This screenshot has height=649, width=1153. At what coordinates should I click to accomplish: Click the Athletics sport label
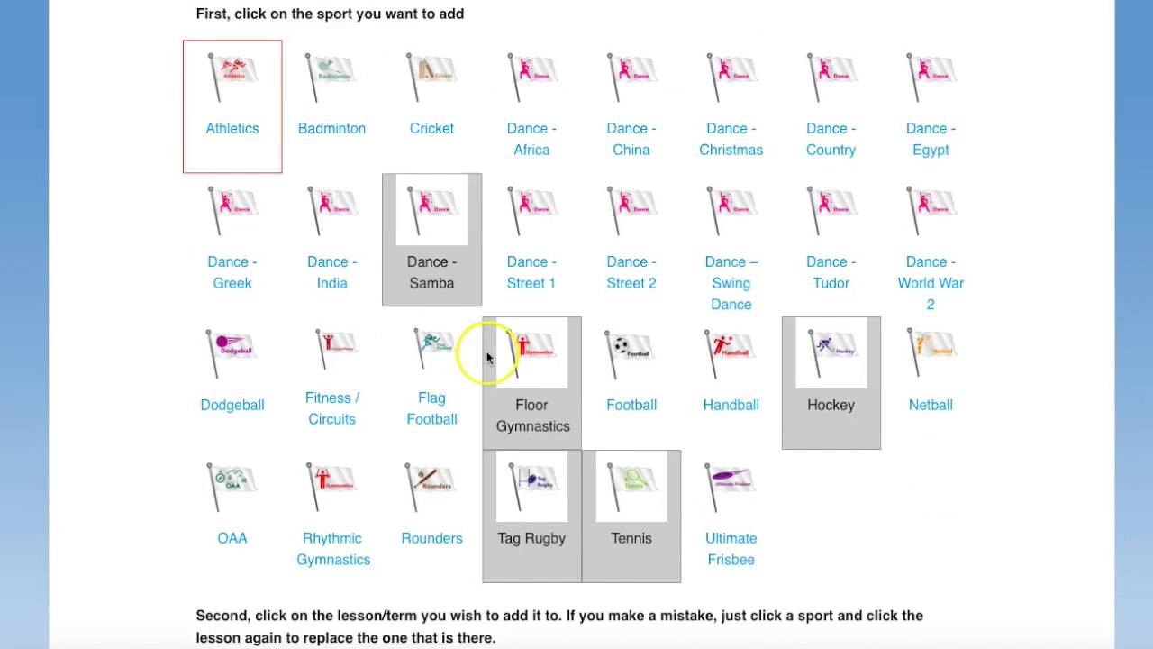pyautogui.click(x=232, y=128)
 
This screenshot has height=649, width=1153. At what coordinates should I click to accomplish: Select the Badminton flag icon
pyautogui.click(x=331, y=75)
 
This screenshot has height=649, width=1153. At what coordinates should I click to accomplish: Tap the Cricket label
pyautogui.click(x=431, y=128)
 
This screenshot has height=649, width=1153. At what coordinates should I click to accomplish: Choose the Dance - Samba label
pyautogui.click(x=431, y=272)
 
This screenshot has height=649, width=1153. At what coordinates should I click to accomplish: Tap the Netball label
pyautogui.click(x=931, y=405)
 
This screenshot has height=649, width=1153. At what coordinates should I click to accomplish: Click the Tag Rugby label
pyautogui.click(x=531, y=538)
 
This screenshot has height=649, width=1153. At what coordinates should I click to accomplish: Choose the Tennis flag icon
pyautogui.click(x=631, y=485)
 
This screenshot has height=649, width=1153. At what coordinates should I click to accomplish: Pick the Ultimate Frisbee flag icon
pyautogui.click(x=731, y=485)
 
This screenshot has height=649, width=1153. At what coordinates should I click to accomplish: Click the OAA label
pyautogui.click(x=232, y=538)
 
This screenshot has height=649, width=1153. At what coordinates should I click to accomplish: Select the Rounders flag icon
pyautogui.click(x=431, y=485)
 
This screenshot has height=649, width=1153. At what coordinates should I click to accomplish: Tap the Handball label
pyautogui.click(x=731, y=405)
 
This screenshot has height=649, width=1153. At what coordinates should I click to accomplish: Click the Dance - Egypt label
pyautogui.click(x=931, y=139)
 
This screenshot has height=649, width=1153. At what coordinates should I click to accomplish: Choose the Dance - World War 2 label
pyautogui.click(x=931, y=283)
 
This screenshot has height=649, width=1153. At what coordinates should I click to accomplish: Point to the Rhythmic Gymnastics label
pyautogui.click(x=332, y=549)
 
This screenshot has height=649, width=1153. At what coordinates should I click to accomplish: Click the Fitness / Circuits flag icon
pyautogui.click(x=331, y=350)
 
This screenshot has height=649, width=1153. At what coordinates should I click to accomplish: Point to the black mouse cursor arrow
pyautogui.click(x=490, y=359)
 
